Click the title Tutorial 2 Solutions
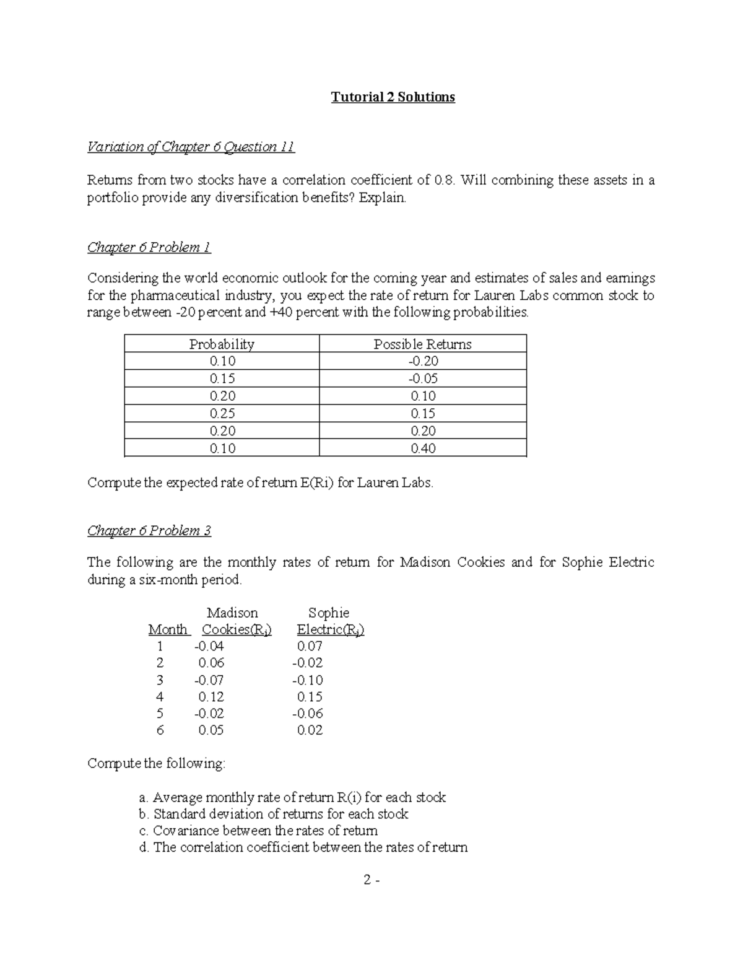click(393, 97)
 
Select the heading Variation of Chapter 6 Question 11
click(191, 147)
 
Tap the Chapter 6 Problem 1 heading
click(149, 247)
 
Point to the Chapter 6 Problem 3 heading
click(149, 530)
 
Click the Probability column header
click(222, 344)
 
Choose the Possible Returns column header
click(422, 344)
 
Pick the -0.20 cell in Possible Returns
click(423, 361)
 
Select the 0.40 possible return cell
click(423, 448)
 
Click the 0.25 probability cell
click(222, 413)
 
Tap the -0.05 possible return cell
click(423, 378)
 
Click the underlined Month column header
click(168, 629)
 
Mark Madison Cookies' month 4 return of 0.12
click(211, 696)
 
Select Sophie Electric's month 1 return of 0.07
click(310, 646)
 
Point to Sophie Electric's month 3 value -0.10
click(308, 680)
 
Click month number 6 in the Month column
click(160, 730)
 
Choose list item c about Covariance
click(258, 831)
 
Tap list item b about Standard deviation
click(274, 814)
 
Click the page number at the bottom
click(371, 880)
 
